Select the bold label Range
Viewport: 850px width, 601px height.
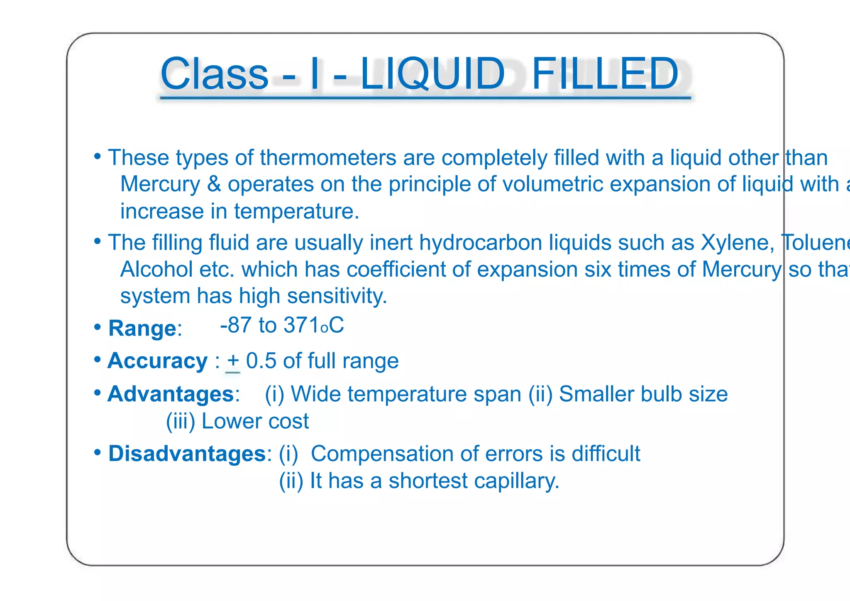point(142,329)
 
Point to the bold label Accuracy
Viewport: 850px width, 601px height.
point(157,361)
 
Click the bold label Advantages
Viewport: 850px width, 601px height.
point(171,394)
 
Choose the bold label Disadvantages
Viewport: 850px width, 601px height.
point(187,454)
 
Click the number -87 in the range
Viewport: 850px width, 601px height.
point(236,325)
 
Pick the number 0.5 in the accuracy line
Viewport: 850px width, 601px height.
point(261,361)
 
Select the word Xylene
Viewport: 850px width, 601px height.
point(737,243)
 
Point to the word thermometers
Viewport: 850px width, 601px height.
point(328,158)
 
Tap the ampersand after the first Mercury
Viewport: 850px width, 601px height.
point(214,184)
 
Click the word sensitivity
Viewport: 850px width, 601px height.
point(337,296)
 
